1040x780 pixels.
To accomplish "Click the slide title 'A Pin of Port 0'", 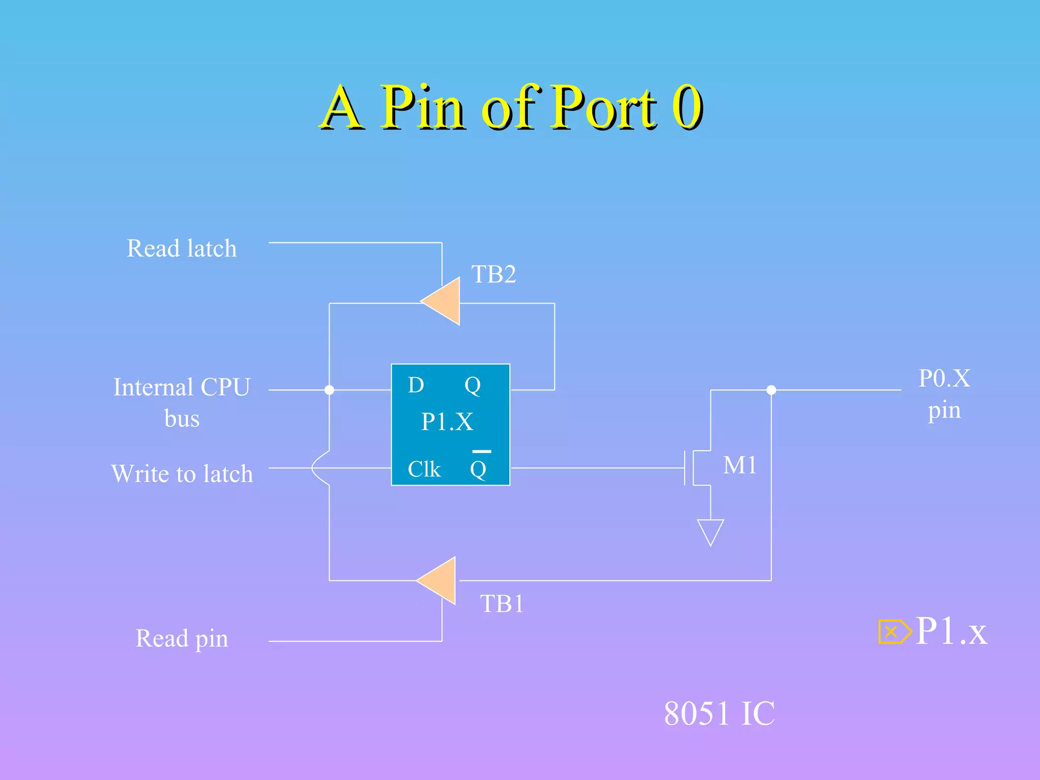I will point(511,108).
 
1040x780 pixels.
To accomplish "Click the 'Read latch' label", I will point(181,248).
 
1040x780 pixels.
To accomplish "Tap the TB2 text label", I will point(493,275).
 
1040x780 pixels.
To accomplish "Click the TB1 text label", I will point(502,604).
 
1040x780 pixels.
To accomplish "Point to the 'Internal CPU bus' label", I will point(181,402).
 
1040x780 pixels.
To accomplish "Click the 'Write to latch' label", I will point(182,474).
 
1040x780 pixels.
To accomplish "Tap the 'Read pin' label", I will point(181,638).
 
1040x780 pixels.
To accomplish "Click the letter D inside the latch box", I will point(415,385).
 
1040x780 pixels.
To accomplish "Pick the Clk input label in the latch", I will point(424,469).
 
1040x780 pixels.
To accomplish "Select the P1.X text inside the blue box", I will point(447,421).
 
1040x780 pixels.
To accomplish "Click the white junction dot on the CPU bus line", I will point(329,390).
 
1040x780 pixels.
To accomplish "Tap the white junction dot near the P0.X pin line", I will point(771,390).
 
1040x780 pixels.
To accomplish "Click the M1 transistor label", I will point(739,465).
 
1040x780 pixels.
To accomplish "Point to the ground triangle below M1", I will point(710,531).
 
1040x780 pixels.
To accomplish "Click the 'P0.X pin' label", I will point(944,394).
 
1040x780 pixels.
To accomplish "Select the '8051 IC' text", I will point(719,713).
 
